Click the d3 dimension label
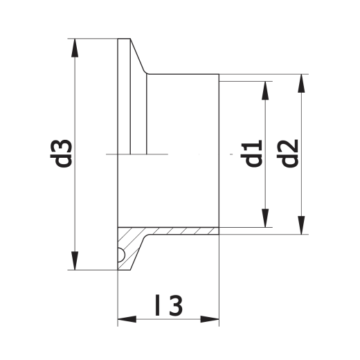[61, 154]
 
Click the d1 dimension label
[251, 153]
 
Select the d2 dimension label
[287, 153]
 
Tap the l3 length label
[169, 305]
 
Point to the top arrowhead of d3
[75, 48]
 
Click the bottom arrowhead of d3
[75, 260]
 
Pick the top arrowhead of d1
[265, 91]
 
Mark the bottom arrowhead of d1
[265, 218]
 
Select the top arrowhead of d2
[301, 83]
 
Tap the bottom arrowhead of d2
[301, 225]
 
